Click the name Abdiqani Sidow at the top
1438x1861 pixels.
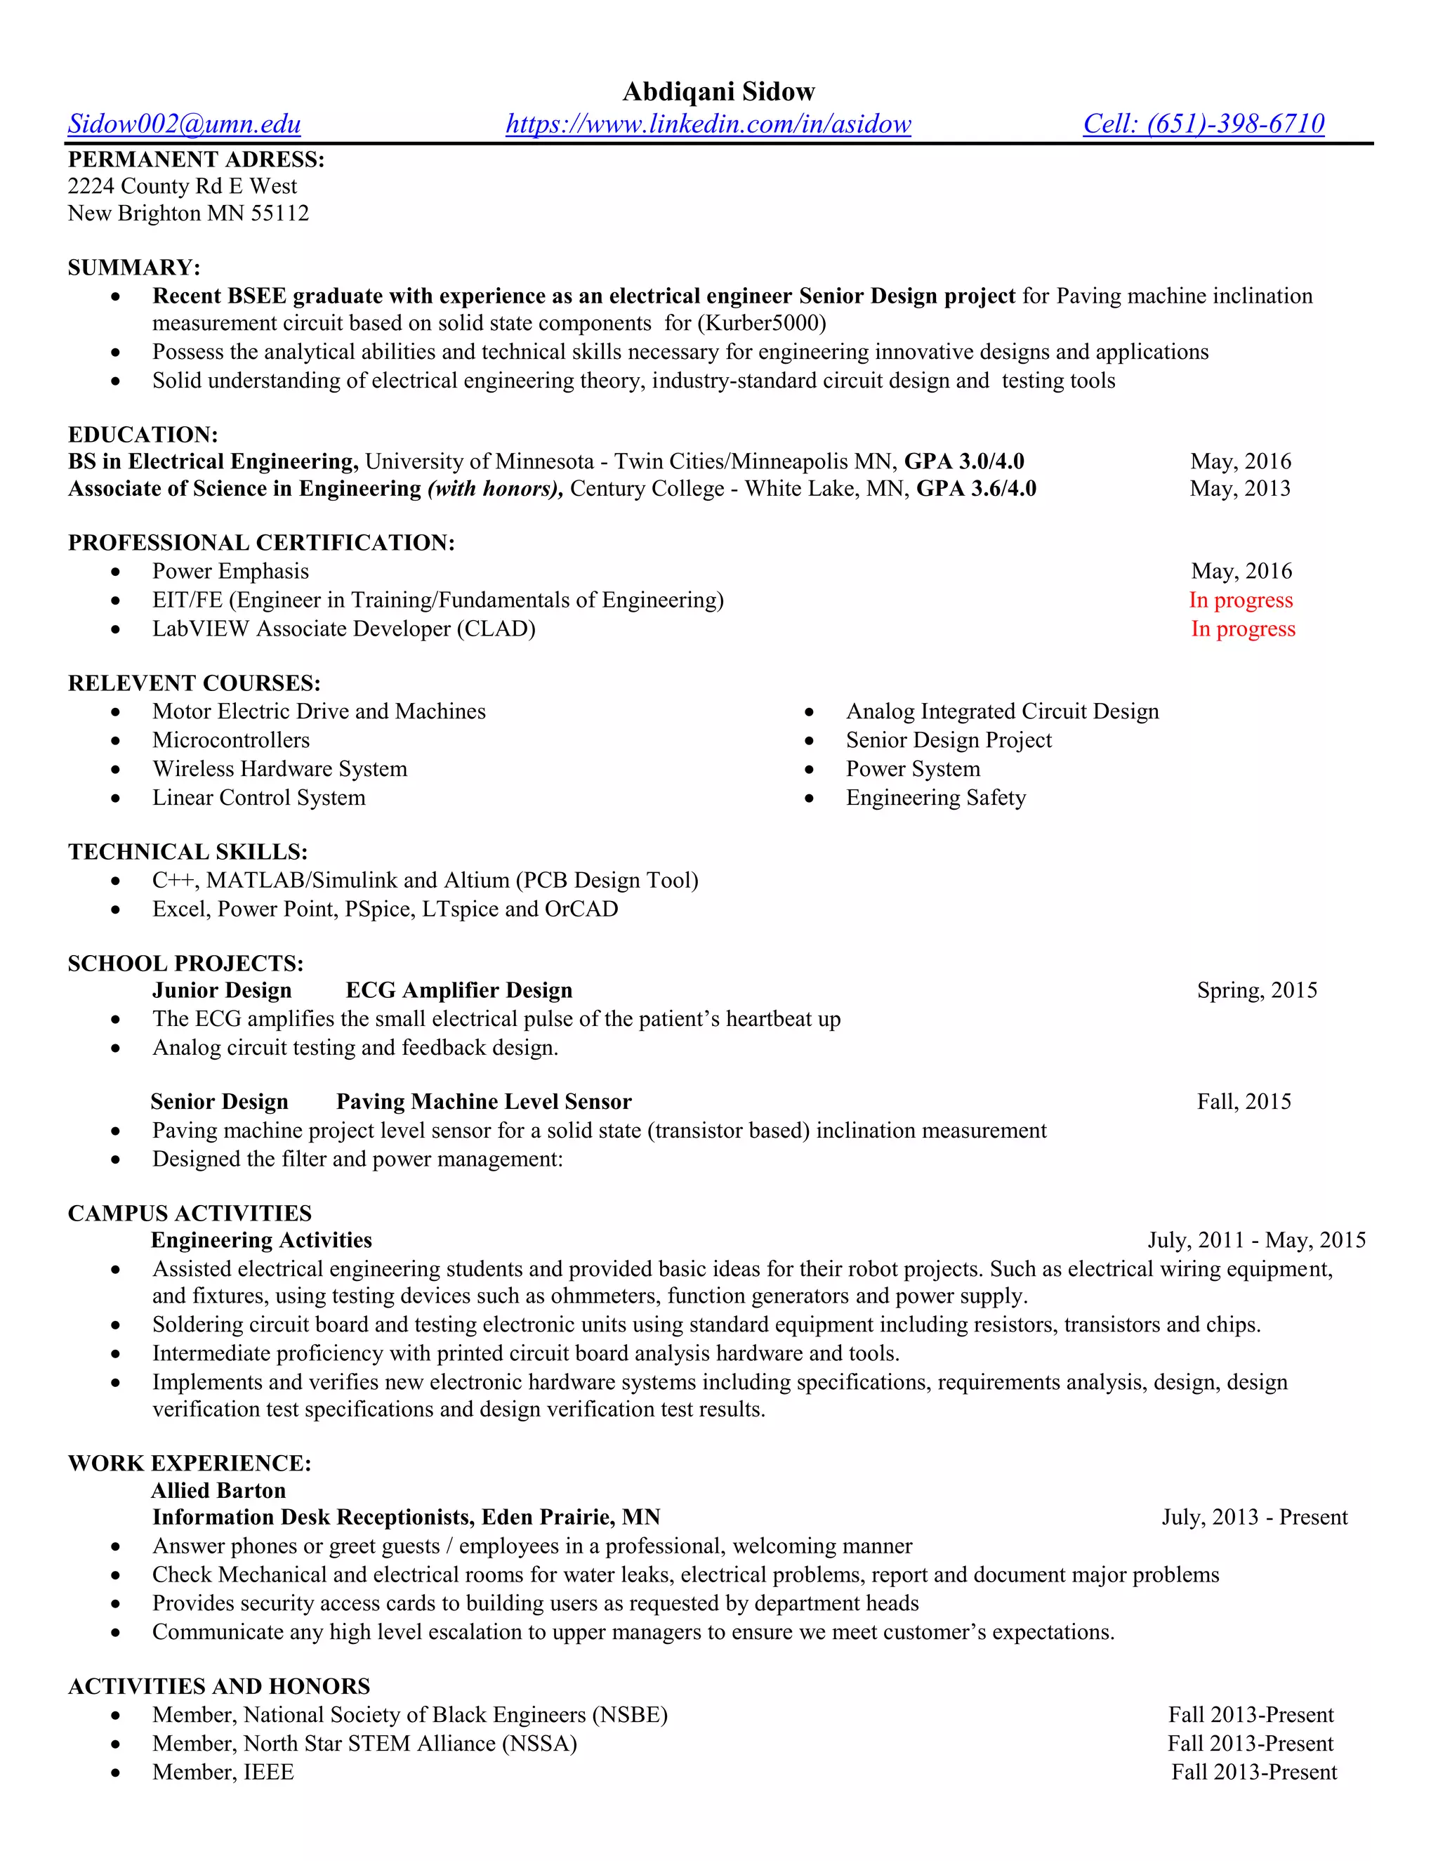point(718,91)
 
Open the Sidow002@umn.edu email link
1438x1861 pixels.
point(184,124)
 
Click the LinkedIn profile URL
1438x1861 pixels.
point(708,124)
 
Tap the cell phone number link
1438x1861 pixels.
point(1203,124)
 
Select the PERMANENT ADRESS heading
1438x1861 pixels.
point(196,159)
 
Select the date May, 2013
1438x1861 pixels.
point(1239,488)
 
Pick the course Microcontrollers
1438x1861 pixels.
point(231,739)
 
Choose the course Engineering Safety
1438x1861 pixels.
point(935,798)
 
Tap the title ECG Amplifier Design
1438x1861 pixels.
point(459,990)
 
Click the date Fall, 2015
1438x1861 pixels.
point(1243,1102)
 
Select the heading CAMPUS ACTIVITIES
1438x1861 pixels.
point(189,1214)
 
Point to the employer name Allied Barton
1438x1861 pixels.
point(218,1490)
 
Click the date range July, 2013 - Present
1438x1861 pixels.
point(1254,1518)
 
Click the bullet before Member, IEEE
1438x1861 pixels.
point(116,1773)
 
